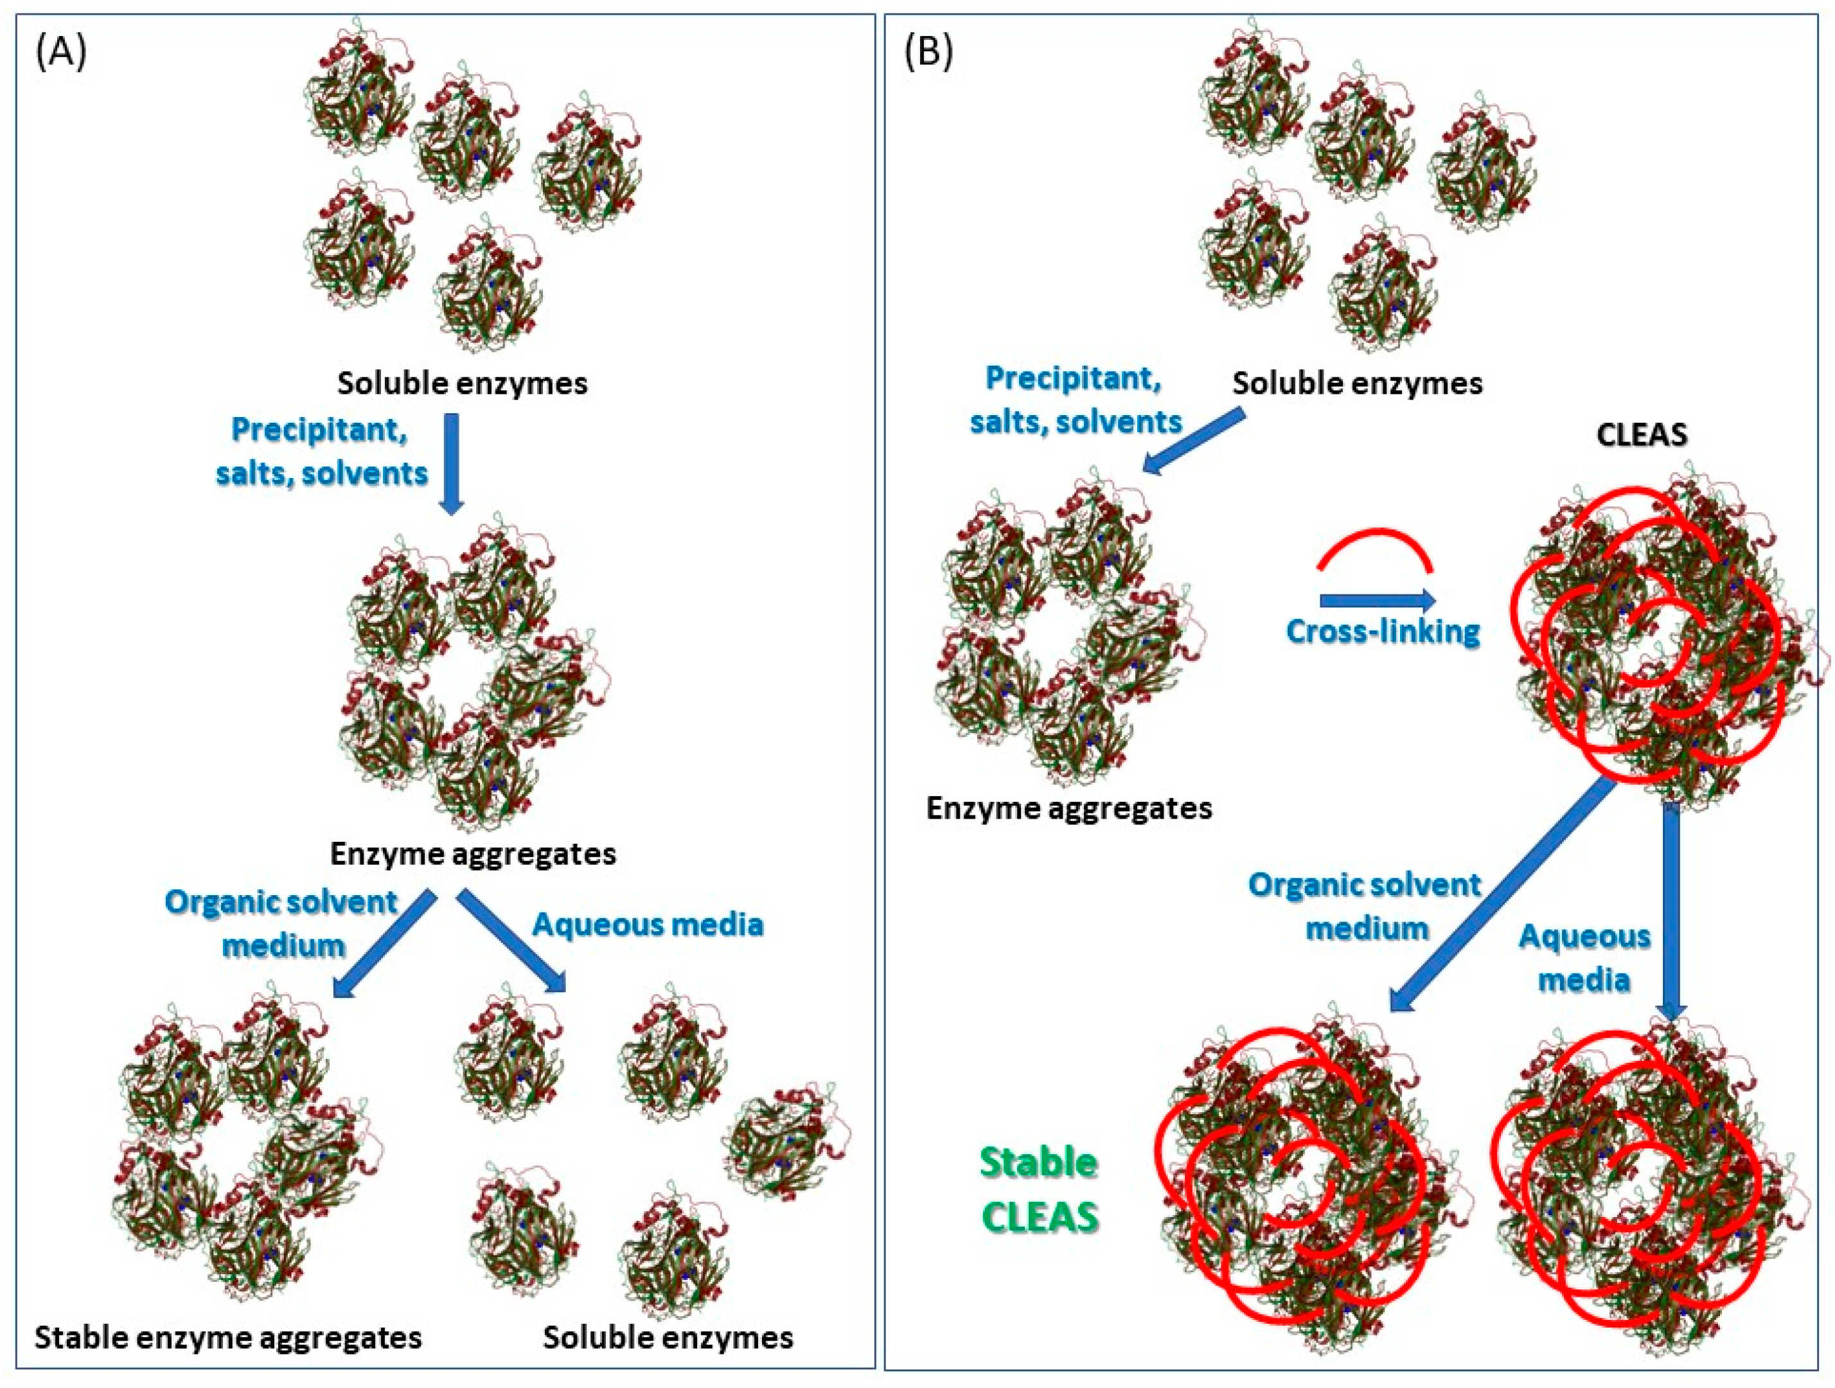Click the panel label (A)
click(x=60, y=54)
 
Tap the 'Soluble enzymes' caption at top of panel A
click(x=462, y=383)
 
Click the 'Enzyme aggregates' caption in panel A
click(x=473, y=854)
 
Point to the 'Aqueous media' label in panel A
click(x=647, y=924)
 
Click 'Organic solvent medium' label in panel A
click(x=282, y=923)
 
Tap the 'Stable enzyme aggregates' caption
click(x=228, y=1337)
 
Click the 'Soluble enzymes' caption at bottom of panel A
click(x=668, y=1337)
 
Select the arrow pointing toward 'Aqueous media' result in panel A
click(x=512, y=941)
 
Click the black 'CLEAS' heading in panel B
click(x=1641, y=435)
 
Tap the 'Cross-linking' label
click(x=1383, y=632)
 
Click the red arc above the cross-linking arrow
click(x=1374, y=547)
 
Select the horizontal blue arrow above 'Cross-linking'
click(x=1377, y=600)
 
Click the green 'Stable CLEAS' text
click(x=1040, y=1189)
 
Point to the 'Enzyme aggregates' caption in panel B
click(x=1068, y=808)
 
